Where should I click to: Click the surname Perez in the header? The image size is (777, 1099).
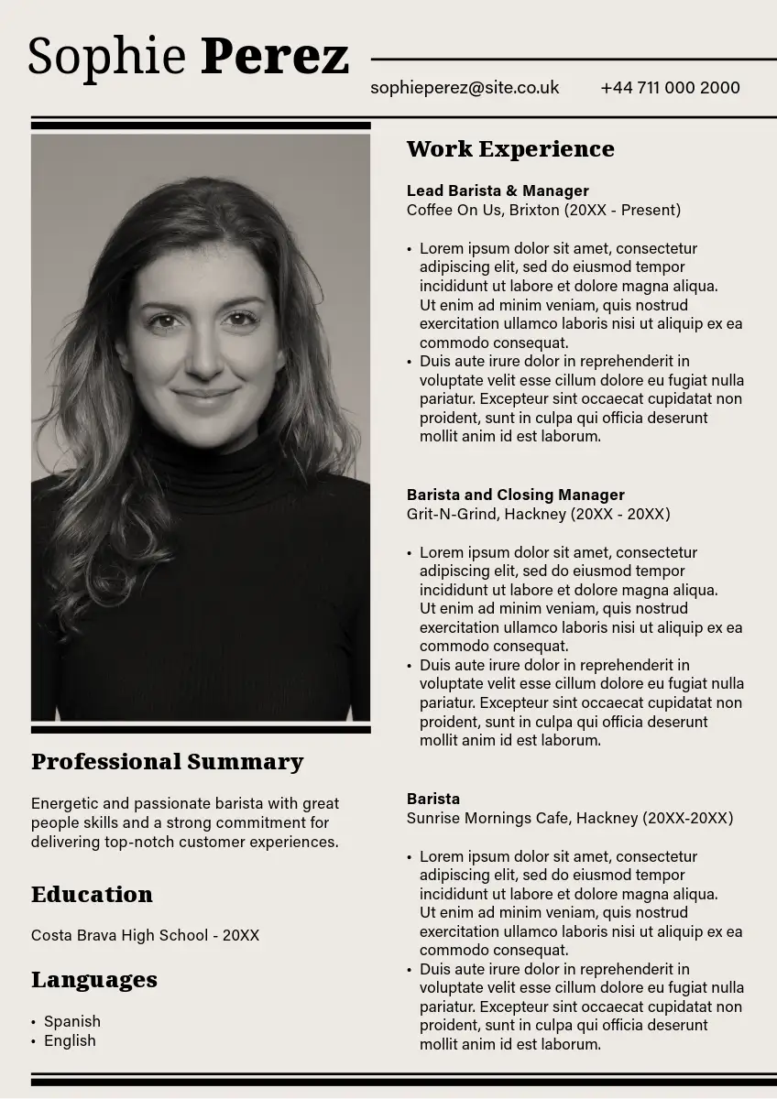click(275, 57)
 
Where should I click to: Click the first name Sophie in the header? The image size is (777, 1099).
click(106, 57)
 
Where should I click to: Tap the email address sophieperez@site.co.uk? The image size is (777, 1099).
click(465, 88)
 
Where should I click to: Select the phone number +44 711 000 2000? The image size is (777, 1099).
click(670, 88)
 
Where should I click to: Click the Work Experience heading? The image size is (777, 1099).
click(510, 149)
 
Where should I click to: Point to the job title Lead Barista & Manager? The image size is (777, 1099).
click(498, 190)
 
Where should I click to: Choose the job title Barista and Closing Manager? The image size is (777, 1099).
click(515, 495)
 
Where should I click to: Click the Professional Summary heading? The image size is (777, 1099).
click(167, 762)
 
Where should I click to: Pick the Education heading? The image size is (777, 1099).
click(92, 895)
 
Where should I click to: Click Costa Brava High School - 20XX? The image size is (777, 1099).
click(145, 935)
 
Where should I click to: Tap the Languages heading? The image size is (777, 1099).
click(94, 980)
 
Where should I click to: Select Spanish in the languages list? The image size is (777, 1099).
click(72, 1021)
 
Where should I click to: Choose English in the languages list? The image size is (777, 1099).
click(70, 1040)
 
